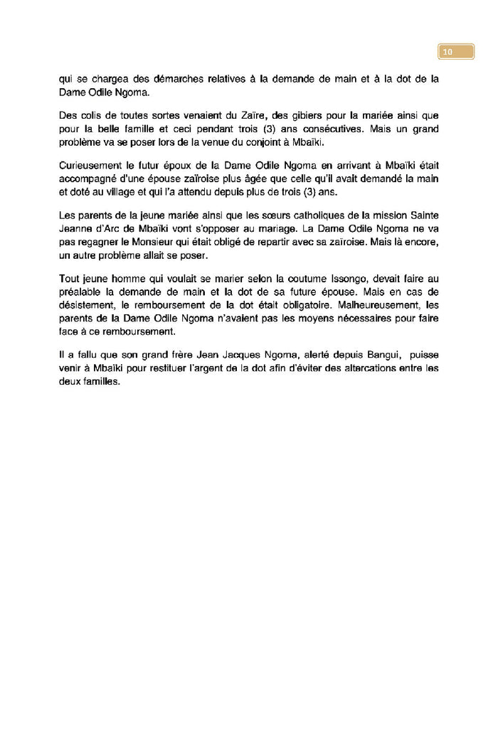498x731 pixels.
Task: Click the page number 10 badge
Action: pos(455,52)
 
